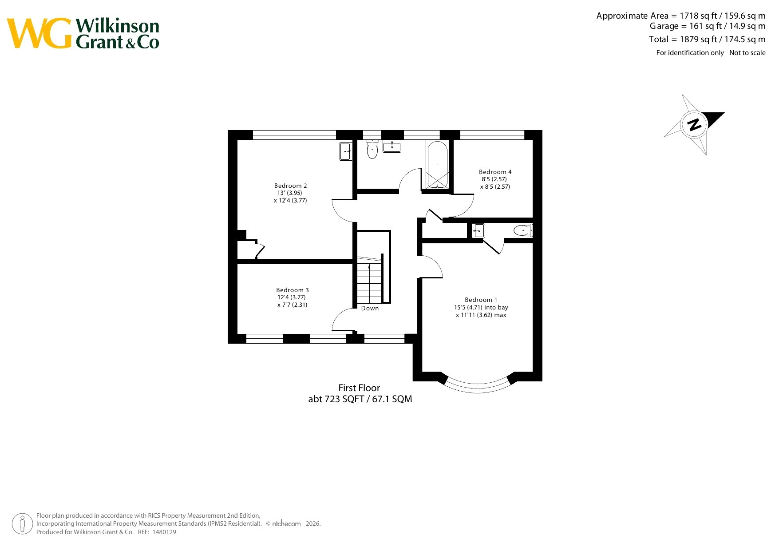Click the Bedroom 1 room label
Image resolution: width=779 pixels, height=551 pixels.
(x=481, y=300)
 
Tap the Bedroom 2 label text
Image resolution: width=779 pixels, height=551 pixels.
(x=291, y=186)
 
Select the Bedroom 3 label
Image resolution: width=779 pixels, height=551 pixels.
(x=293, y=290)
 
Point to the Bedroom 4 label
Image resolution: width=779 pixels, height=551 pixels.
(x=495, y=172)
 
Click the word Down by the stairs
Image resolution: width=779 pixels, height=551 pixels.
(x=370, y=308)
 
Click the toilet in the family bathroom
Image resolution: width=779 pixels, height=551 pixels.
(x=372, y=149)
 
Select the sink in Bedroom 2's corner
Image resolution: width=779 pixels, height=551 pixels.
(x=346, y=151)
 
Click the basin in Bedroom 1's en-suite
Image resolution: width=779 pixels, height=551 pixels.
(x=478, y=230)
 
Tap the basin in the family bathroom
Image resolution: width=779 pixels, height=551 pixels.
(x=392, y=146)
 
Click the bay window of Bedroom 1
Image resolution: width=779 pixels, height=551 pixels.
(x=478, y=385)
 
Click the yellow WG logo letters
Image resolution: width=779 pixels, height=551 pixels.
(x=39, y=33)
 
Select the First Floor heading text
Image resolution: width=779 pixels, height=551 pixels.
(x=359, y=388)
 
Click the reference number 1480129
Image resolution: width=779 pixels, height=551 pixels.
(x=164, y=532)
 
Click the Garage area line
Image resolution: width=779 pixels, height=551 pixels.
(x=708, y=26)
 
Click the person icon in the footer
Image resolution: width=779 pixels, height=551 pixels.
(x=22, y=524)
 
